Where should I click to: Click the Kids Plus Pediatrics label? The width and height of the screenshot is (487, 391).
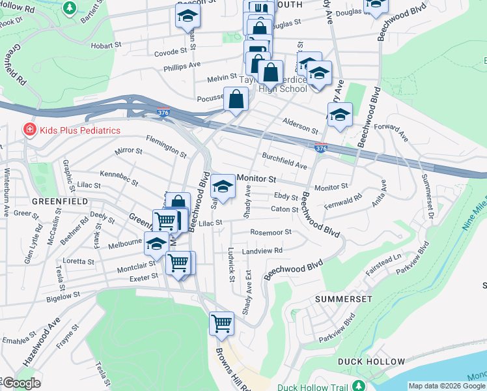click(x=79, y=130)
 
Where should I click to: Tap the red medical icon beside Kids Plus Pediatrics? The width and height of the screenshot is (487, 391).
click(x=29, y=130)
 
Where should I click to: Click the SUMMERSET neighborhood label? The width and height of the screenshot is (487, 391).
click(x=343, y=298)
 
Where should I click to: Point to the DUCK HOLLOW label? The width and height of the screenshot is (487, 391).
click(x=371, y=361)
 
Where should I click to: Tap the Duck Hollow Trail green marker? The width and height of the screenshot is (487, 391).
click(x=357, y=386)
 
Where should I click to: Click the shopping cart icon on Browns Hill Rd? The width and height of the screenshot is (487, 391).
click(x=221, y=322)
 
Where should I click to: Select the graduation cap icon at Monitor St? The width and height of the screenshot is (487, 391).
click(x=223, y=188)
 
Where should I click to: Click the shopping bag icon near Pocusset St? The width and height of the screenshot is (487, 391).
click(x=236, y=100)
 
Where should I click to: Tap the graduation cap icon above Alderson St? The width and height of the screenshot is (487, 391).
click(x=339, y=115)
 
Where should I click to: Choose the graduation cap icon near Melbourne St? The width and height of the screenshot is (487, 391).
click(x=156, y=244)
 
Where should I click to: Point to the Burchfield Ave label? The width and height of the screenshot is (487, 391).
click(x=284, y=161)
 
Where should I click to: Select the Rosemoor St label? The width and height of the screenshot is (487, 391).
click(x=270, y=232)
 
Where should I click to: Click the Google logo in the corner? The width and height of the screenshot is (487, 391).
click(x=21, y=383)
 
